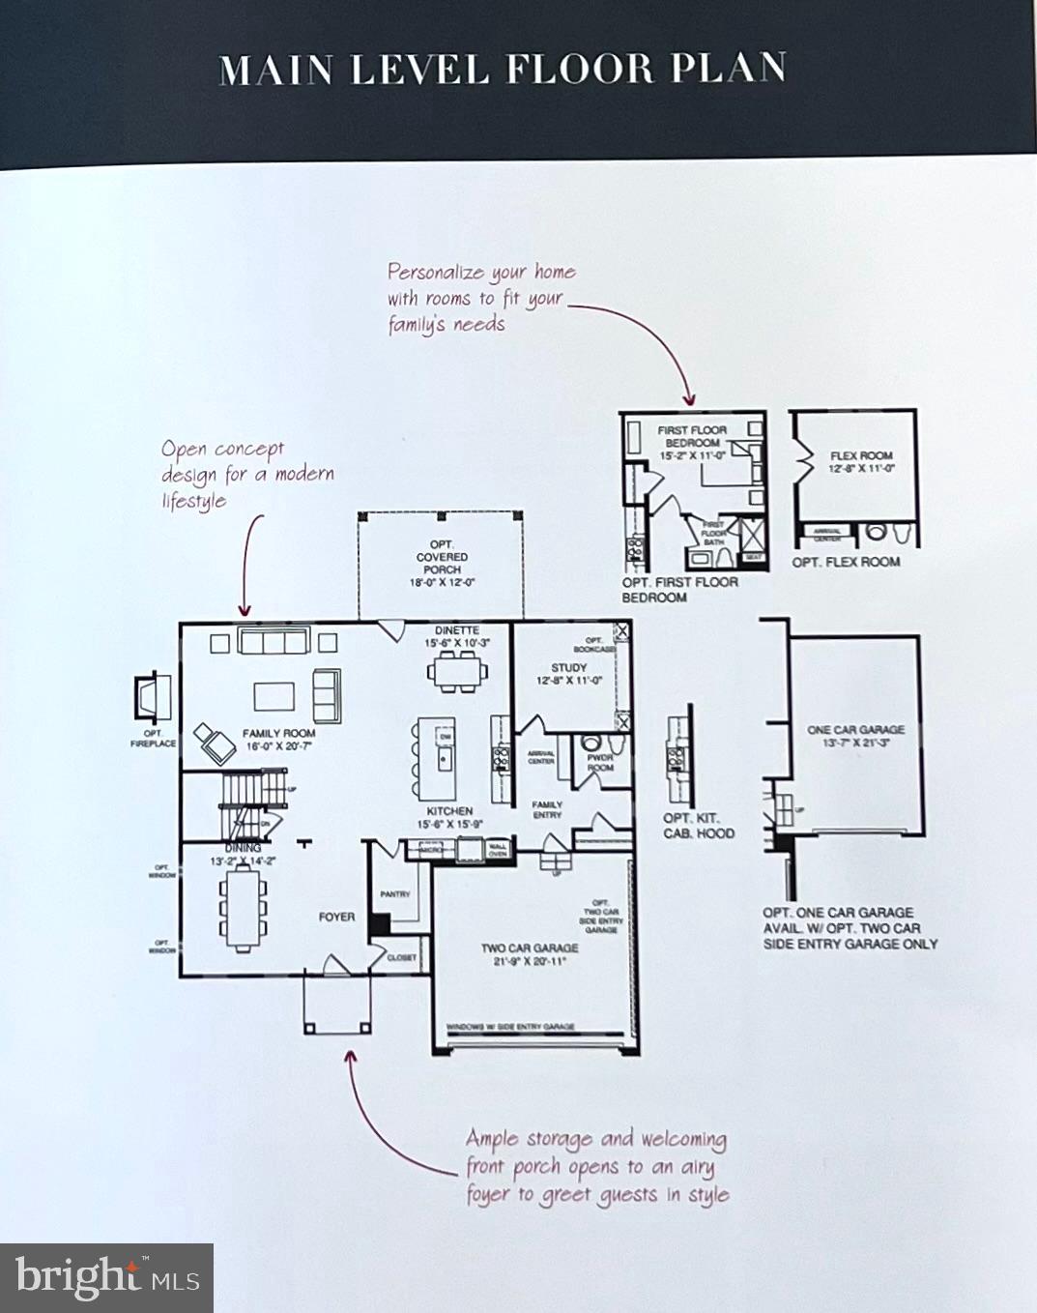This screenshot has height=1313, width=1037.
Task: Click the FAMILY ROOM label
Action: pos(278,734)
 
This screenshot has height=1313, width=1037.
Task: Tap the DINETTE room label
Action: pos(456,630)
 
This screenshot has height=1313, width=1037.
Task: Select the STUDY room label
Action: pos(569,667)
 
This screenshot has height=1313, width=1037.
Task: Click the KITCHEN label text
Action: pos(449,811)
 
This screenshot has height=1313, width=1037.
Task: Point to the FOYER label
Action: pos(336,917)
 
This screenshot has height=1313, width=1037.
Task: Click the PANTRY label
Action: pos(394,894)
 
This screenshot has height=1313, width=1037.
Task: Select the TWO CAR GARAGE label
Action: pos(530,948)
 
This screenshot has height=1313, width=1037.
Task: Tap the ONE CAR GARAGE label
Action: pos(855,730)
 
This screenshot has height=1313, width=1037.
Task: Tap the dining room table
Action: pos(243,910)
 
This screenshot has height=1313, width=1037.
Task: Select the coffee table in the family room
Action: pos(274,696)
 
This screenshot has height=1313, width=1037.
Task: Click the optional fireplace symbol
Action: pos(151,696)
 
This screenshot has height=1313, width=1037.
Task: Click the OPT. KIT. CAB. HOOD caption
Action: pos(698,825)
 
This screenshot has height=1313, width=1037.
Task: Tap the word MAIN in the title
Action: pos(275,70)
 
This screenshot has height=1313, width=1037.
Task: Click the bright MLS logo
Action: pos(106,1277)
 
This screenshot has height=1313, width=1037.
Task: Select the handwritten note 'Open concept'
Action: pos(222,450)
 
